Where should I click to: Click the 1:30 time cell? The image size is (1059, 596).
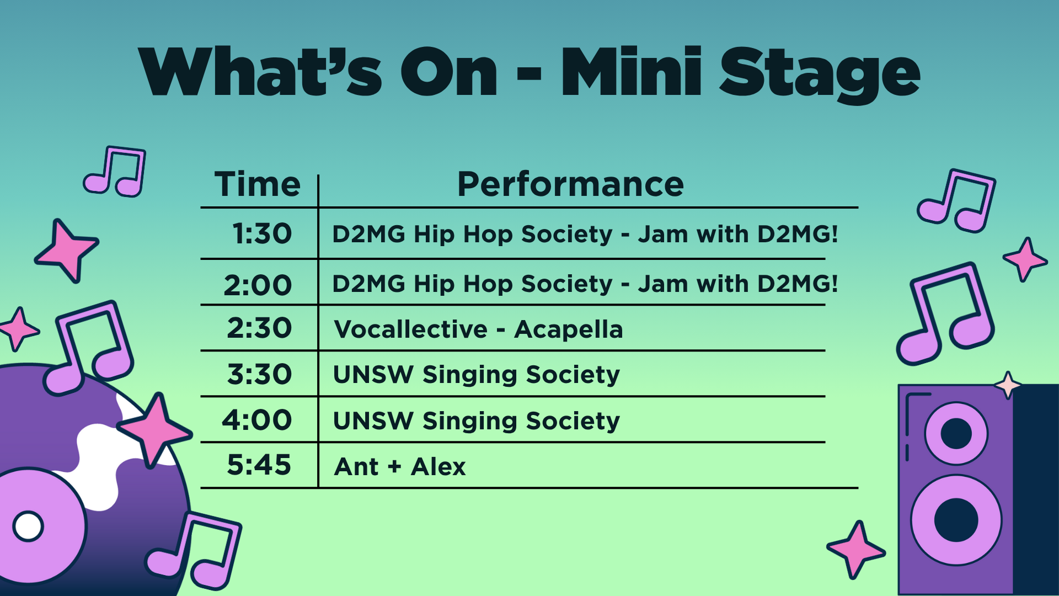pos(262,233)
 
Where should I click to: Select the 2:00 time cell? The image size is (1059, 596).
pos(258,285)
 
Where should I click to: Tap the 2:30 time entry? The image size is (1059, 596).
pos(259,328)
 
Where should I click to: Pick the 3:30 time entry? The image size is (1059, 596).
pos(259,374)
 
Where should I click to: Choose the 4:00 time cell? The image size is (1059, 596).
pos(257,420)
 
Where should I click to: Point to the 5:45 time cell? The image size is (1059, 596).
pos(259,465)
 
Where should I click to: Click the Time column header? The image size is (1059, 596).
pos(258,184)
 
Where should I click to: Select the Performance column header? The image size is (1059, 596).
pos(570,184)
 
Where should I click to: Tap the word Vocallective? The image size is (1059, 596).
pos(411,329)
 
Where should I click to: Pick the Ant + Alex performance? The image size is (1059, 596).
pos(400,467)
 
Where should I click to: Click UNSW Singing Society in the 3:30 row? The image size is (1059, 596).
pos(477,375)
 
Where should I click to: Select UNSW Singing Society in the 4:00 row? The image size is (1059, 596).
pos(477,422)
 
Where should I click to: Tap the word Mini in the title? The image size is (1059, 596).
pos(632,71)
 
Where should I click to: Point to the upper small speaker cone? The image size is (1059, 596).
pos(956,433)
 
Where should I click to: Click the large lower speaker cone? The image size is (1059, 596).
pos(956,520)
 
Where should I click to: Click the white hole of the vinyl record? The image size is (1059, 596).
pos(28,526)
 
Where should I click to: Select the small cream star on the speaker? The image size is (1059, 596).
pos(1008,385)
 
